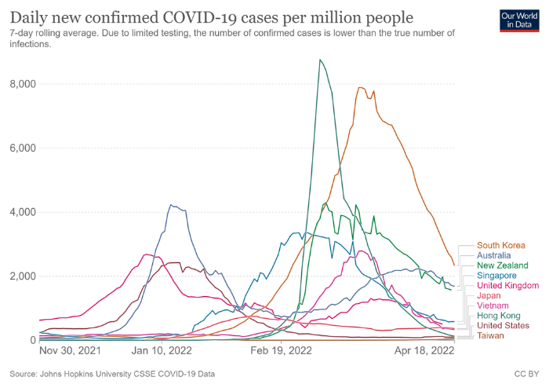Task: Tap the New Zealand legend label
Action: click(x=503, y=266)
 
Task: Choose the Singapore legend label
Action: click(x=498, y=276)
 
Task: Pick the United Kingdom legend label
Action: click(x=507, y=286)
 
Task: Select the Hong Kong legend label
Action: click(x=500, y=316)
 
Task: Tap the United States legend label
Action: click(x=504, y=326)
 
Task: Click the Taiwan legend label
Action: click(x=491, y=336)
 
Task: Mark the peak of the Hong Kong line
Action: click(x=320, y=60)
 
